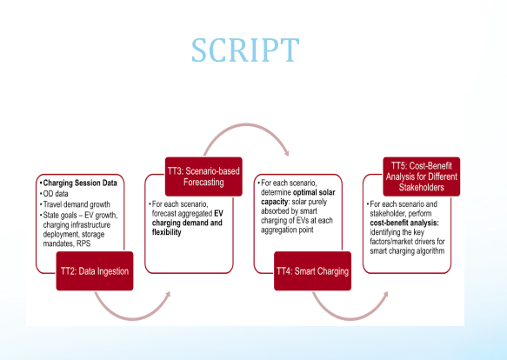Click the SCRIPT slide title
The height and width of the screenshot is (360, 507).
(245, 50)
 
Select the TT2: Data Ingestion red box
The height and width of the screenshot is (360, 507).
(95, 271)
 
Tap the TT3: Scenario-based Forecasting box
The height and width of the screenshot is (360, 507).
(203, 177)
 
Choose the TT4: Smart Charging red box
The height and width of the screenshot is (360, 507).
(313, 271)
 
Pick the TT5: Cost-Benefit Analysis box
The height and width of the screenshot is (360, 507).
(422, 177)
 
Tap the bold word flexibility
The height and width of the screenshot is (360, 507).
(166, 232)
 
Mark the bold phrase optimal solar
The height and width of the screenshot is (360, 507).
(314, 192)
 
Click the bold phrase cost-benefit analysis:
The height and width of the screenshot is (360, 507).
(404, 223)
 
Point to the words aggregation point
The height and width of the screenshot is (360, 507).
(287, 230)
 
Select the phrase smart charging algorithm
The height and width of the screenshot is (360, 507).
(407, 251)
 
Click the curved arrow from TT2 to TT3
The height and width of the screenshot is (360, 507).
(133, 317)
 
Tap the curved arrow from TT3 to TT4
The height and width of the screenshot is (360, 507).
(246, 125)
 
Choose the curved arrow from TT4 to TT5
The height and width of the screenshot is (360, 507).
(350, 318)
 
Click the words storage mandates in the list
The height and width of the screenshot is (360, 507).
(74, 239)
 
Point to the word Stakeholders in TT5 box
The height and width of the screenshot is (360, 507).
(421, 187)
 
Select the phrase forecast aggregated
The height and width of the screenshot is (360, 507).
(182, 213)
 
